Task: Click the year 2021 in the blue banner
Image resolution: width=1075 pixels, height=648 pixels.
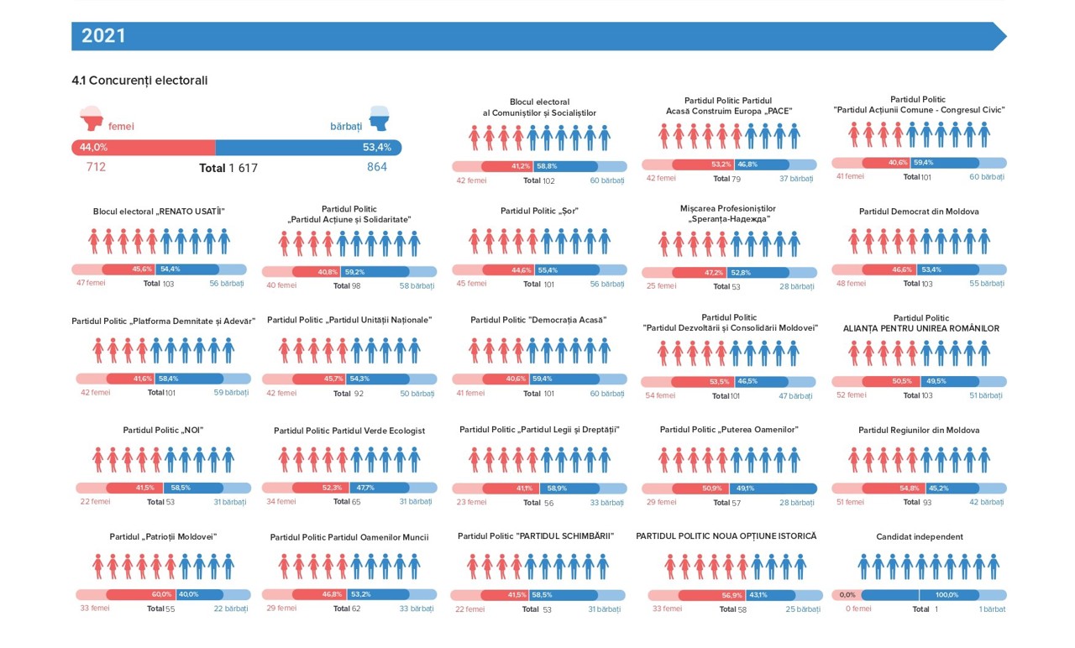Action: [x=103, y=36]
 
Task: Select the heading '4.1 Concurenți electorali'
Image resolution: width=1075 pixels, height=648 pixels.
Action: [x=139, y=81]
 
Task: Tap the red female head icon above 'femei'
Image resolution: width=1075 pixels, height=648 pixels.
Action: [x=91, y=118]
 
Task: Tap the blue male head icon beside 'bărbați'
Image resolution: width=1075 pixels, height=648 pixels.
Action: [x=380, y=118]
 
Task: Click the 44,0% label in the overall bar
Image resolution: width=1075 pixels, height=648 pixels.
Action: [x=93, y=148]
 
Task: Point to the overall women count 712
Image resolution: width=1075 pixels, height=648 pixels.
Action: [x=96, y=167]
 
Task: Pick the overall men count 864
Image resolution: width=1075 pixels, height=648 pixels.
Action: [x=376, y=167]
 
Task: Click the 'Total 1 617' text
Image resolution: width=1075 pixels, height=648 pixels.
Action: [x=228, y=168]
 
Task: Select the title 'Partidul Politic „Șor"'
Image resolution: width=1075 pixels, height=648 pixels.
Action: [x=539, y=211]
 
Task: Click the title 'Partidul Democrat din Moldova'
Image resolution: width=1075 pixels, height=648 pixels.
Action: [x=919, y=212]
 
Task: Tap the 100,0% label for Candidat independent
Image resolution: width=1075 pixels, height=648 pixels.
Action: [x=946, y=595]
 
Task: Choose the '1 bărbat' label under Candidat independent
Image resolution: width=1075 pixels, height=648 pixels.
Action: [x=992, y=609]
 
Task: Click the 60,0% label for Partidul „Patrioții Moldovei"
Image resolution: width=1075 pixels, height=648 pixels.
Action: [x=161, y=594]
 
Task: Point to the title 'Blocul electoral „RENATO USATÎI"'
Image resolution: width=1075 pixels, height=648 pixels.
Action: [x=159, y=212]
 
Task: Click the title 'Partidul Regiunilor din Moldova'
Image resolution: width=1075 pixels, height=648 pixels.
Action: [x=919, y=431]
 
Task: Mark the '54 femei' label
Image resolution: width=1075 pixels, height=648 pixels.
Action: [x=660, y=395]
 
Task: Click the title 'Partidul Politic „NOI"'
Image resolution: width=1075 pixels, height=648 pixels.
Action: [x=163, y=431]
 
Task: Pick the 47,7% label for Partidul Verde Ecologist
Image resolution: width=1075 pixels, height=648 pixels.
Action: [x=365, y=488]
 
